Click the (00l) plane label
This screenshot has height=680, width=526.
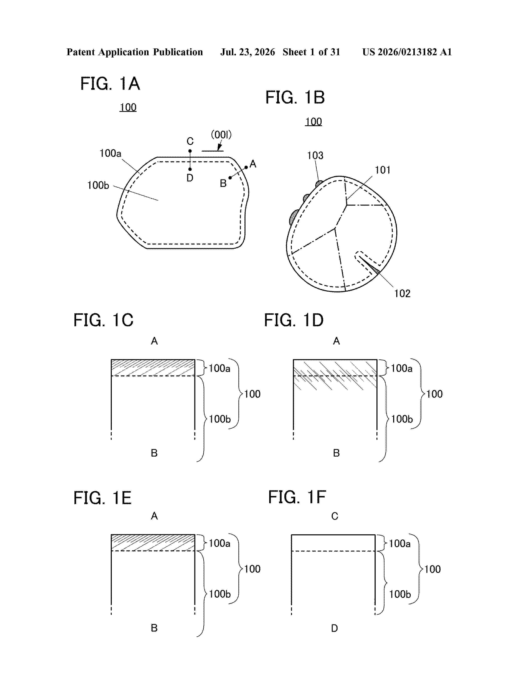pos(221,135)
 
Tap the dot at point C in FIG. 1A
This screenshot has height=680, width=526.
pos(190,151)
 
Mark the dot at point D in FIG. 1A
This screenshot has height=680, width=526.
pos(190,169)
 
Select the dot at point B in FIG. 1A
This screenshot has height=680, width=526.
pos(230,178)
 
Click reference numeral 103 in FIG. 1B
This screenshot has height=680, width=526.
pos(315,155)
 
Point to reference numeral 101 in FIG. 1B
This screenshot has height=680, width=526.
pos(382,170)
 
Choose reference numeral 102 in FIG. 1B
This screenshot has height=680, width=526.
pos(402,293)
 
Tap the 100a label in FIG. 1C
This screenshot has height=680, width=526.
pos(219,368)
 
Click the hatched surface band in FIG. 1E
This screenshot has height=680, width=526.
pos(153,543)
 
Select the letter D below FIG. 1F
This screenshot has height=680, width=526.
pos(334,628)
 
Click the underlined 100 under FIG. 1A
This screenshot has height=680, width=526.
pos(128,107)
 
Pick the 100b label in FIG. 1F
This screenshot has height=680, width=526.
pos(400,594)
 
